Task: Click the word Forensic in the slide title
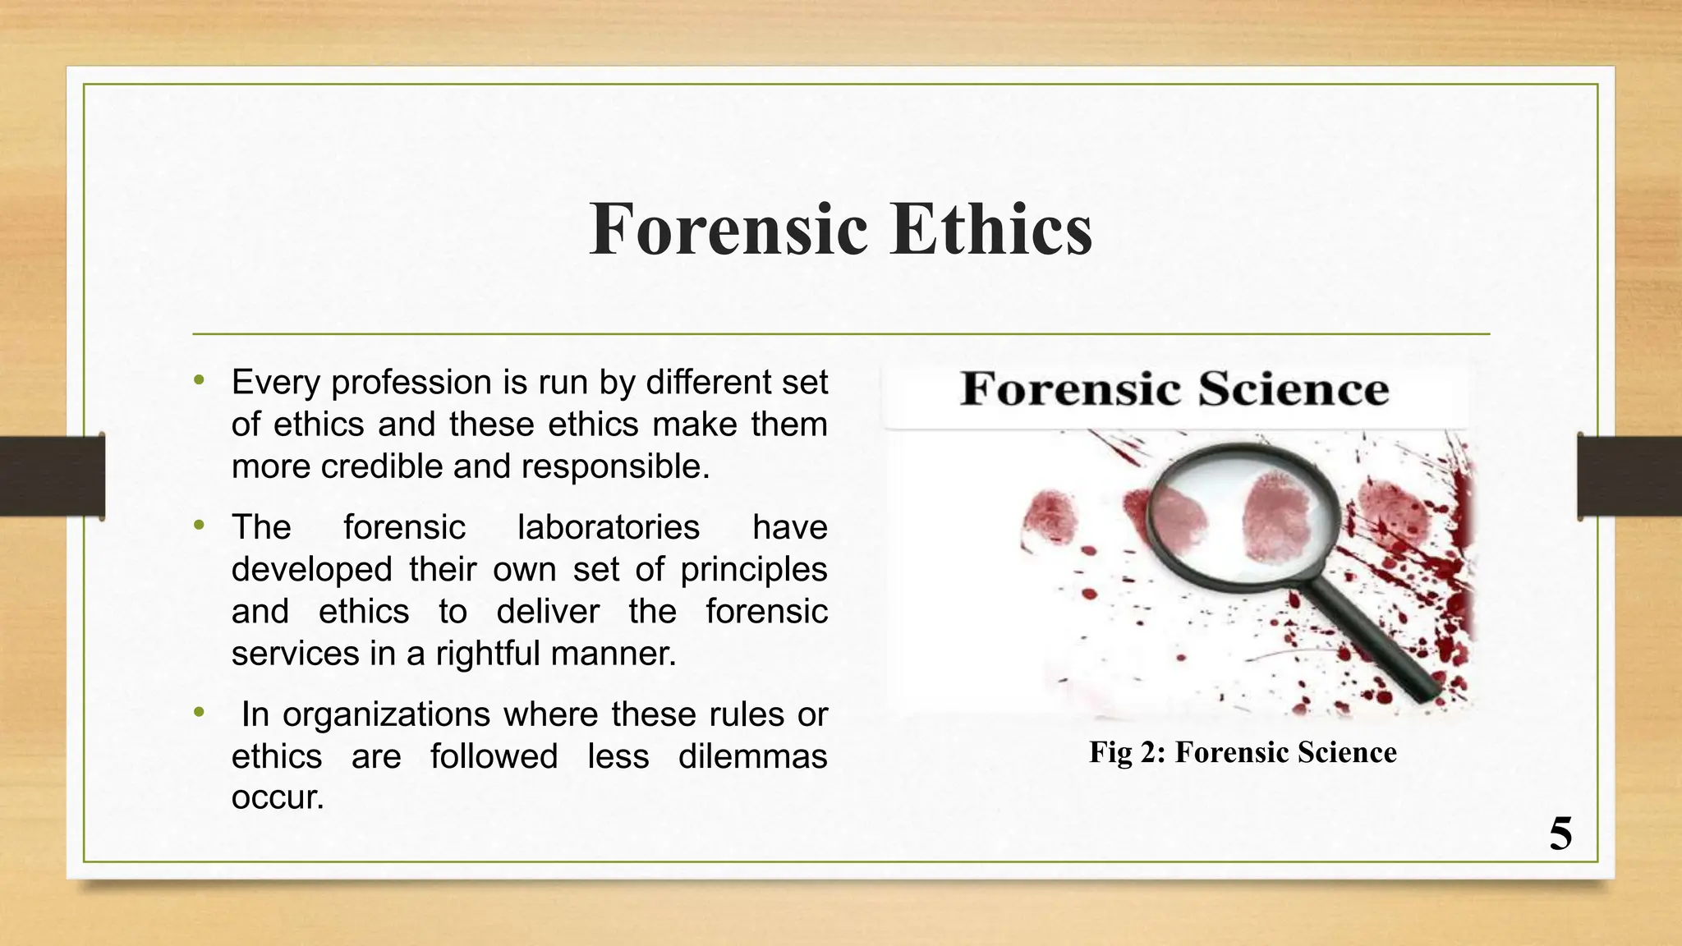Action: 728,229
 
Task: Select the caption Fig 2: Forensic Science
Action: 1242,752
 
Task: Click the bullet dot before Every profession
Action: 199,380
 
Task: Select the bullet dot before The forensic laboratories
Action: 199,525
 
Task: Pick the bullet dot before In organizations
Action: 199,712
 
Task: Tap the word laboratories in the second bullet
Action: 608,527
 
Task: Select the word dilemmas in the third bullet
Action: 751,756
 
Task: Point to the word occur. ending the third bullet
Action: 278,797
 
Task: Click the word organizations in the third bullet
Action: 386,714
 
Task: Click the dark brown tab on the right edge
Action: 1629,476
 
